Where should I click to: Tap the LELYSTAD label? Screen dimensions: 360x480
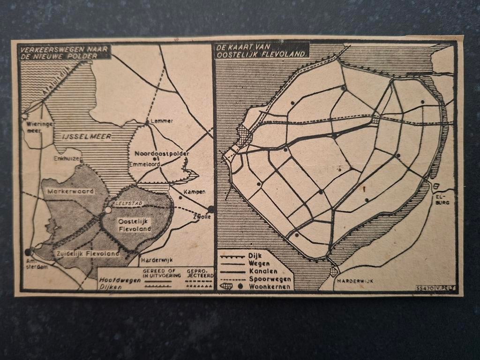click(x=127, y=203)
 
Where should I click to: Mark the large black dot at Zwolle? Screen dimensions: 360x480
click(x=211, y=209)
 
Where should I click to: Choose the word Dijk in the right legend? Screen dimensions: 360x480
click(x=256, y=256)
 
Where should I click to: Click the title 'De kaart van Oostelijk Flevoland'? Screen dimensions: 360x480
click(x=261, y=50)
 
